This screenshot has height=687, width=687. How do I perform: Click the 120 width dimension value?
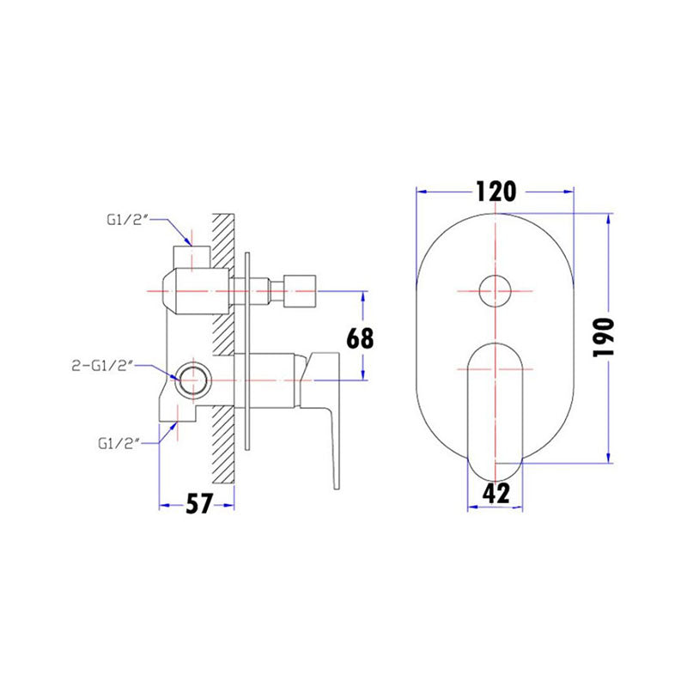tap(495, 191)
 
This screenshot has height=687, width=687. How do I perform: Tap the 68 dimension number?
tap(361, 337)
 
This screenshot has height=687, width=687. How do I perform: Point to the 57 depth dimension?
tap(198, 504)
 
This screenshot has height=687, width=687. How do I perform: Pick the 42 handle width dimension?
tap(496, 493)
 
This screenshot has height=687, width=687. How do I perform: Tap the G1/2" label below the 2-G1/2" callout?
tap(119, 443)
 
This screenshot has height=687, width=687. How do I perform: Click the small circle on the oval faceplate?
tap(495, 291)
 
